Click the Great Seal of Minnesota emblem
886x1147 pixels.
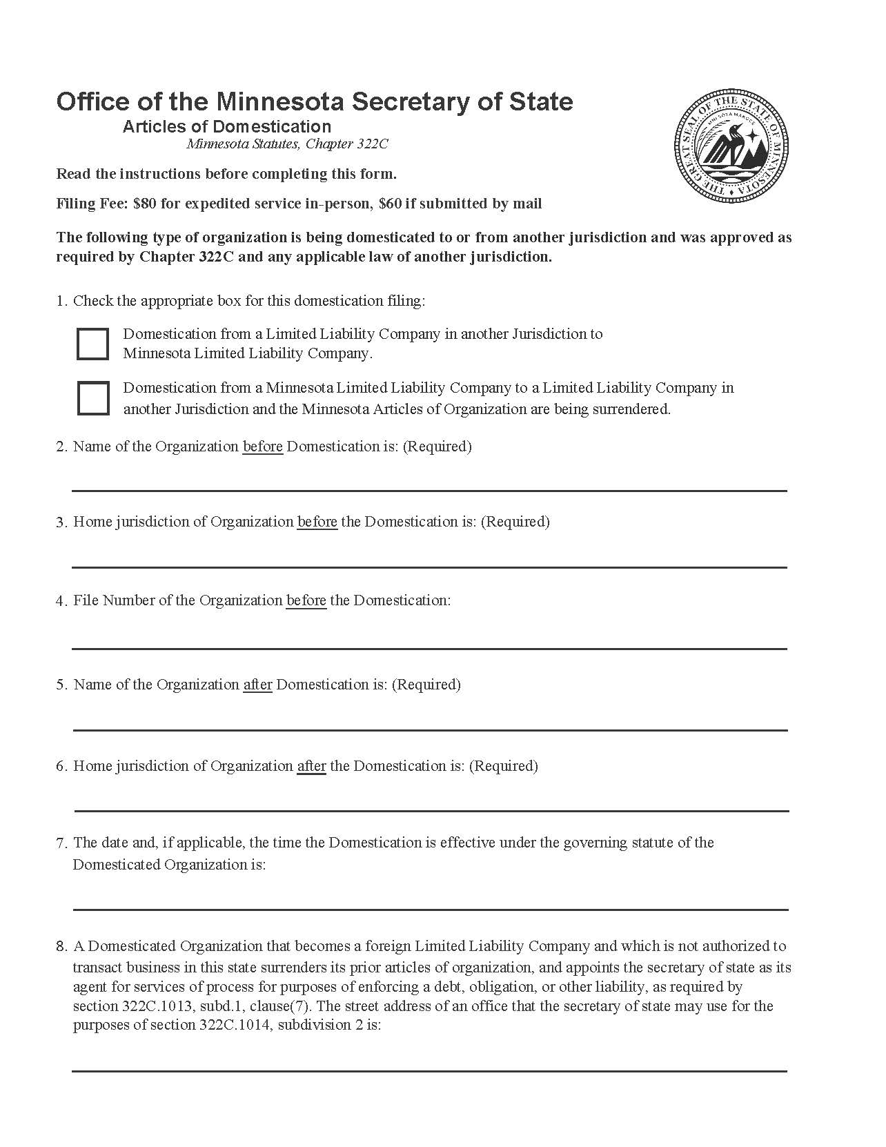pyautogui.click(x=732, y=146)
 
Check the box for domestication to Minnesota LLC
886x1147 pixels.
pyautogui.click(x=92, y=344)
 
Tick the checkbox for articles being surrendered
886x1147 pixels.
pyautogui.click(x=92, y=398)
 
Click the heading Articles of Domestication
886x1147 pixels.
pyautogui.click(x=227, y=126)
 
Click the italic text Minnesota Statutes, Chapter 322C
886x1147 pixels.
pyautogui.click(x=287, y=144)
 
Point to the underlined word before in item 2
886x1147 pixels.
pyautogui.click(x=262, y=447)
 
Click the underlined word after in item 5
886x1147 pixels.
pyautogui.click(x=257, y=685)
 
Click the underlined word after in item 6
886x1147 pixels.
pyautogui.click(x=311, y=766)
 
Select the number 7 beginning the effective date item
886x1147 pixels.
pyautogui.click(x=61, y=843)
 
